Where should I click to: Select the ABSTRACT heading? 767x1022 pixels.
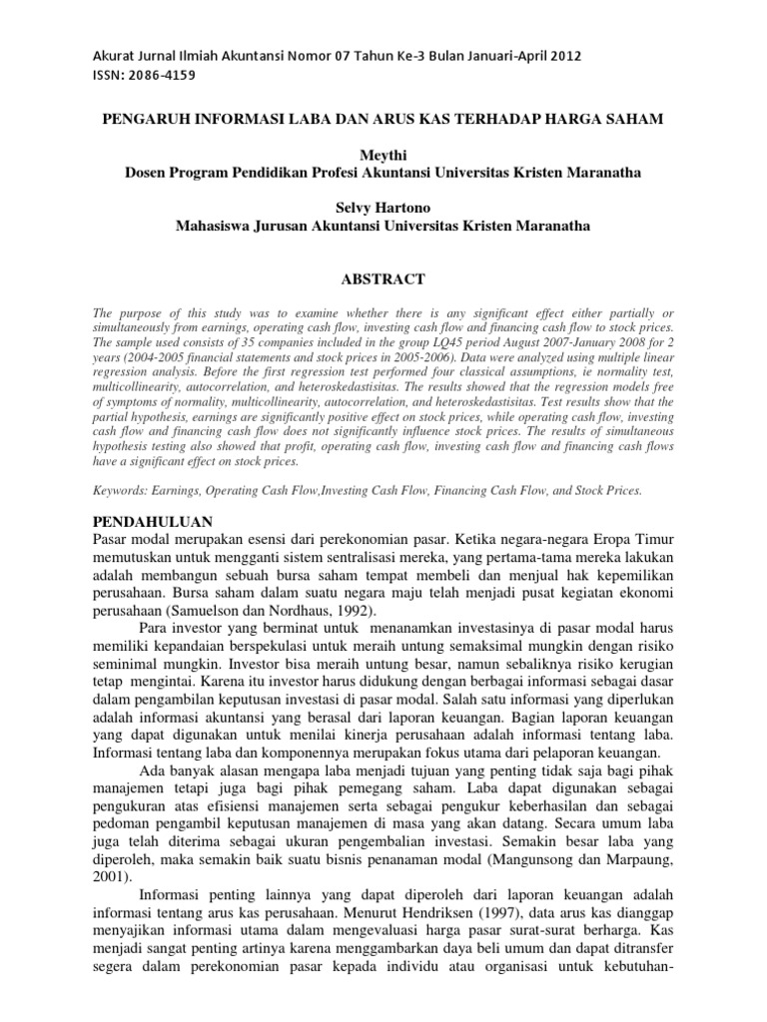click(383, 278)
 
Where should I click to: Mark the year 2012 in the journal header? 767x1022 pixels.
click(562, 56)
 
